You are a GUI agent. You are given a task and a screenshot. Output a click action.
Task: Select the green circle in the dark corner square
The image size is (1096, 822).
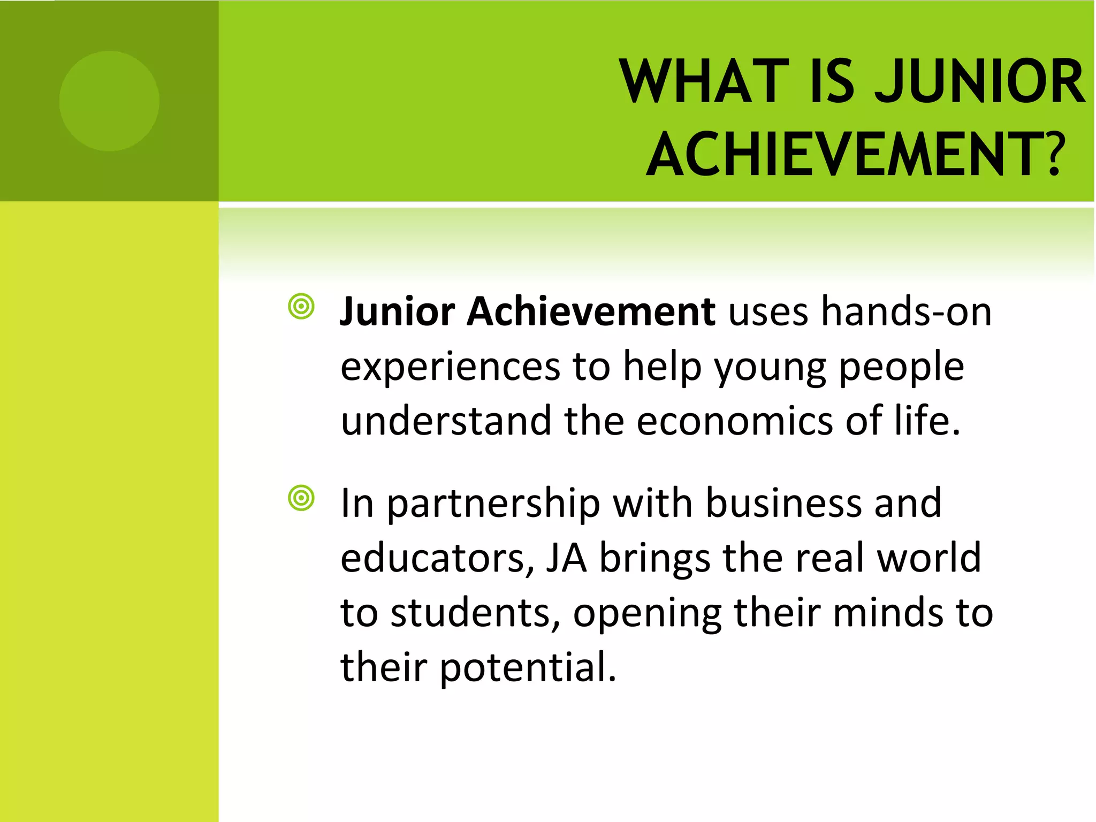(109, 101)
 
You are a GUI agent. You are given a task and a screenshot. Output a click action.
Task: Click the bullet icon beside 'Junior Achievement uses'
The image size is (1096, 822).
(301, 307)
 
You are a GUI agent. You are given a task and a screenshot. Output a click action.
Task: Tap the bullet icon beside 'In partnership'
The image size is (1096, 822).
(301, 498)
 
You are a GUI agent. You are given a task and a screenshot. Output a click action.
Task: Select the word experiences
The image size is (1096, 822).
(451, 367)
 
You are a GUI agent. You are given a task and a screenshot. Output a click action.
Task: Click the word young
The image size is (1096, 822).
(771, 367)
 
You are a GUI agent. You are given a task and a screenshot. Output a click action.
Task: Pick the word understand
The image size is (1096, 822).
(446, 421)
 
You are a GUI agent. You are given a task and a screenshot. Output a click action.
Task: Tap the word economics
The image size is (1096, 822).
(735, 421)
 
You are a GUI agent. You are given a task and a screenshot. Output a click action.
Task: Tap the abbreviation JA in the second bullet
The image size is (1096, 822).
(566, 558)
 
